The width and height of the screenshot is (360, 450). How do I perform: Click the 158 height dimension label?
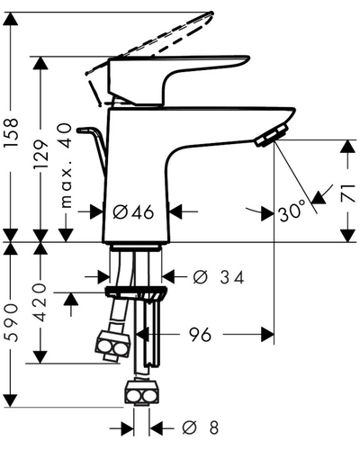(12, 132)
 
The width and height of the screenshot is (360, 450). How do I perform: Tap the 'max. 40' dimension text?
(66, 166)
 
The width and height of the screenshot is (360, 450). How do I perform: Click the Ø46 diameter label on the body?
(133, 212)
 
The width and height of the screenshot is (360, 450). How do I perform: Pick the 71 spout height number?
(348, 193)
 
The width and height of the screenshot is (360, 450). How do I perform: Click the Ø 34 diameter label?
(219, 277)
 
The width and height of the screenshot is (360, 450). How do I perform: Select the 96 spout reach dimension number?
(200, 334)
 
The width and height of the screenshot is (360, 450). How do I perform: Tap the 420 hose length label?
(40, 302)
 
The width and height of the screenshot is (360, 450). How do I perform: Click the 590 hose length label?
(12, 322)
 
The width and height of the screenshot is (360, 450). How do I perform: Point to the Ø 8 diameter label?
(201, 427)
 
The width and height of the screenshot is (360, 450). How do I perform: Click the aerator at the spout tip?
(271, 136)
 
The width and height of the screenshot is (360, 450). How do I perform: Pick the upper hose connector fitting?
(112, 346)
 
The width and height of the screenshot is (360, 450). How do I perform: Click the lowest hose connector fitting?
(141, 393)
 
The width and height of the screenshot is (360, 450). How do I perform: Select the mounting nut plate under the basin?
(136, 292)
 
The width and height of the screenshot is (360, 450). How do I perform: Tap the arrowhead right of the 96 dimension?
(267, 334)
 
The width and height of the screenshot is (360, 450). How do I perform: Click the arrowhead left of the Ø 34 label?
(103, 276)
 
